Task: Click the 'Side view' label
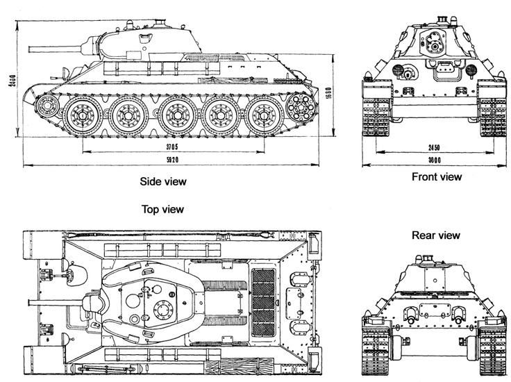click(x=163, y=181)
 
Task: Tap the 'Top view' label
click(x=162, y=208)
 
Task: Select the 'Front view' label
click(x=436, y=177)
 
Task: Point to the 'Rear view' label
click(x=435, y=235)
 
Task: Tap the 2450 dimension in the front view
click(x=435, y=147)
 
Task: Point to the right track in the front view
click(x=492, y=111)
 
